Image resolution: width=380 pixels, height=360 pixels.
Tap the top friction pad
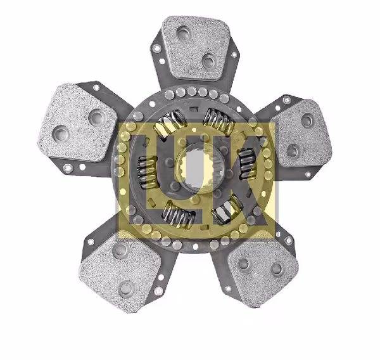click(195, 48)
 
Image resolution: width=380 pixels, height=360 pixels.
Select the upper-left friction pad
click(77, 122)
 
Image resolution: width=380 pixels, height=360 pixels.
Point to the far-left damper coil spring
click(148, 172)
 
